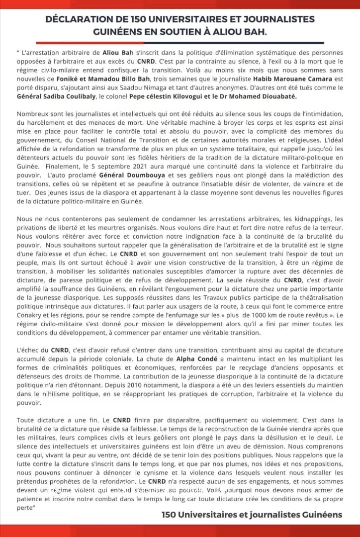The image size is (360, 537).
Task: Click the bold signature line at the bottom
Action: coord(252,515)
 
